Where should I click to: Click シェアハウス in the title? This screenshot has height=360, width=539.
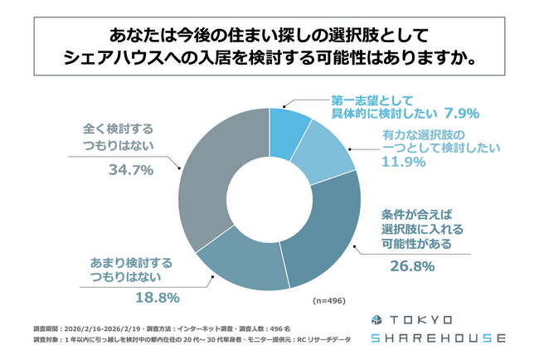124,61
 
